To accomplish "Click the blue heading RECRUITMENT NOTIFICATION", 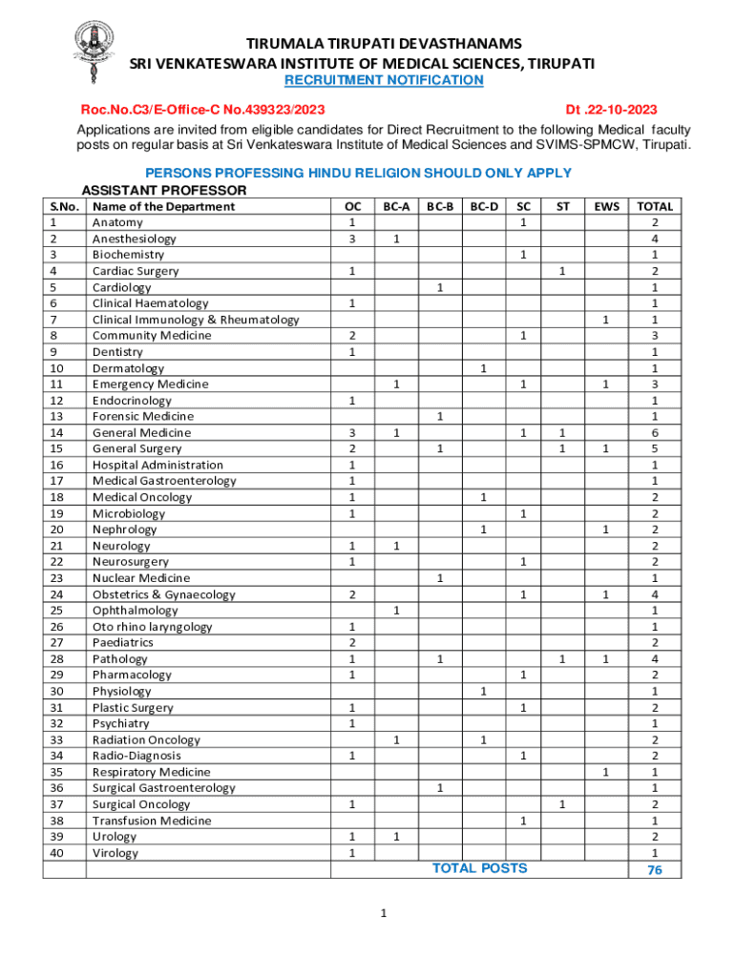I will pos(385,80).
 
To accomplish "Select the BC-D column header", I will pos(484,206).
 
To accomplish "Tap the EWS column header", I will pos(606,206).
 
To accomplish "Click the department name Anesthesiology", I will pos(134,239).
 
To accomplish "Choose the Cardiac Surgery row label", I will pos(136,271).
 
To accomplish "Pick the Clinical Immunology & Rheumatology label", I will pos(195,320).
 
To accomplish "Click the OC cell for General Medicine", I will pos(352,432).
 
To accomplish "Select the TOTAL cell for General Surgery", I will pos(655,448).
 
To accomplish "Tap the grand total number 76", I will pos(655,870).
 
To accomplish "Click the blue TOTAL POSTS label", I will pos(479,868).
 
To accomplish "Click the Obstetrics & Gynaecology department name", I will pos(163,594).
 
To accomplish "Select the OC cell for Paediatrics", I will pos(352,642).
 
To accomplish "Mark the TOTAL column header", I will pos(655,206).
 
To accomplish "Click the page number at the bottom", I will pos(383,914).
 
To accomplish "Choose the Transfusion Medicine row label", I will pos(151,821).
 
